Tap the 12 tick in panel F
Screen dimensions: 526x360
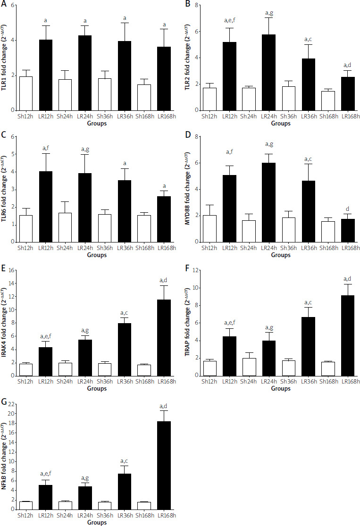click(x=195, y=270)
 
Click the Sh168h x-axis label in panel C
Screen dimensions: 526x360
click(x=137, y=249)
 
